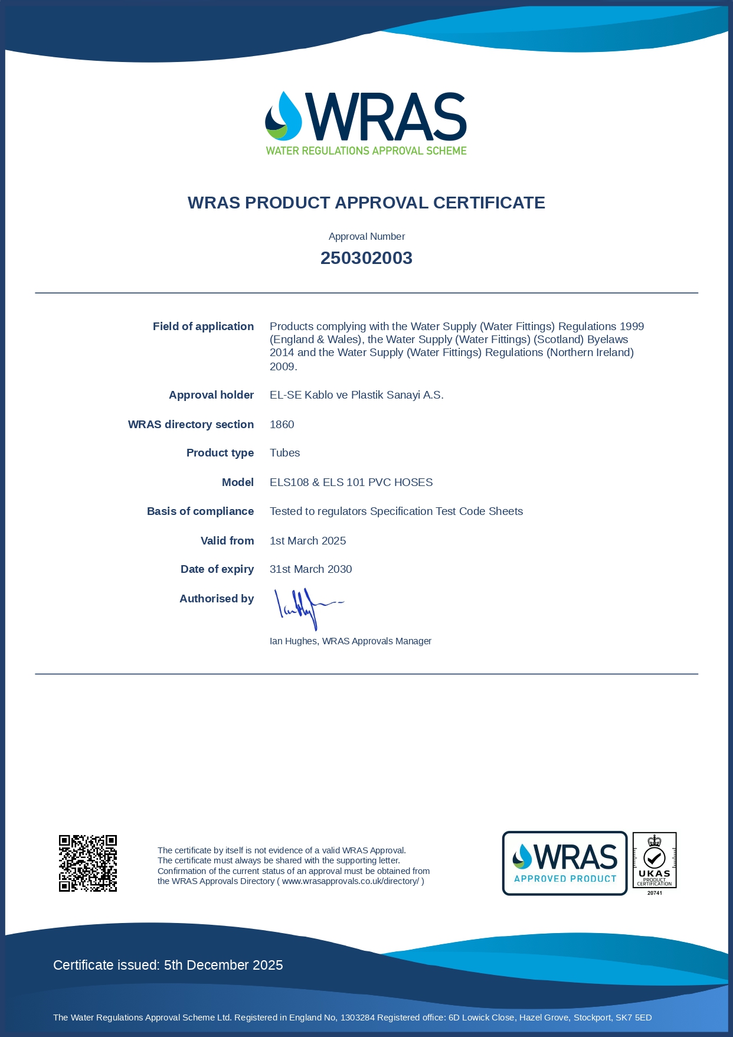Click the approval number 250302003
tap(366, 258)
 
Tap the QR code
tap(88, 863)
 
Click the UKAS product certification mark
tap(654, 862)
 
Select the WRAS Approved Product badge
tap(564, 863)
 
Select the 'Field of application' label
tap(203, 327)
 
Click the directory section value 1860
tap(282, 425)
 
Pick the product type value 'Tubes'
tap(284, 453)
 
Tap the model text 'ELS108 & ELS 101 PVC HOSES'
tap(351, 482)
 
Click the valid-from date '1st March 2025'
tap(307, 541)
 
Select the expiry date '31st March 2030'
tap(310, 569)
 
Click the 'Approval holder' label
tap(211, 395)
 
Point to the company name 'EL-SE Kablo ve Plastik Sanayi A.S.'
tap(356, 395)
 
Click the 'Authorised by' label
tap(217, 599)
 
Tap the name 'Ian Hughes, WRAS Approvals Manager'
tap(350, 641)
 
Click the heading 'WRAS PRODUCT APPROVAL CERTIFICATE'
tap(366, 203)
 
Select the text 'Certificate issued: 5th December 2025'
tap(168, 965)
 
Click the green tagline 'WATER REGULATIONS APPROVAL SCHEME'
tap(366, 151)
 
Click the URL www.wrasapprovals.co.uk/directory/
tap(350, 881)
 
